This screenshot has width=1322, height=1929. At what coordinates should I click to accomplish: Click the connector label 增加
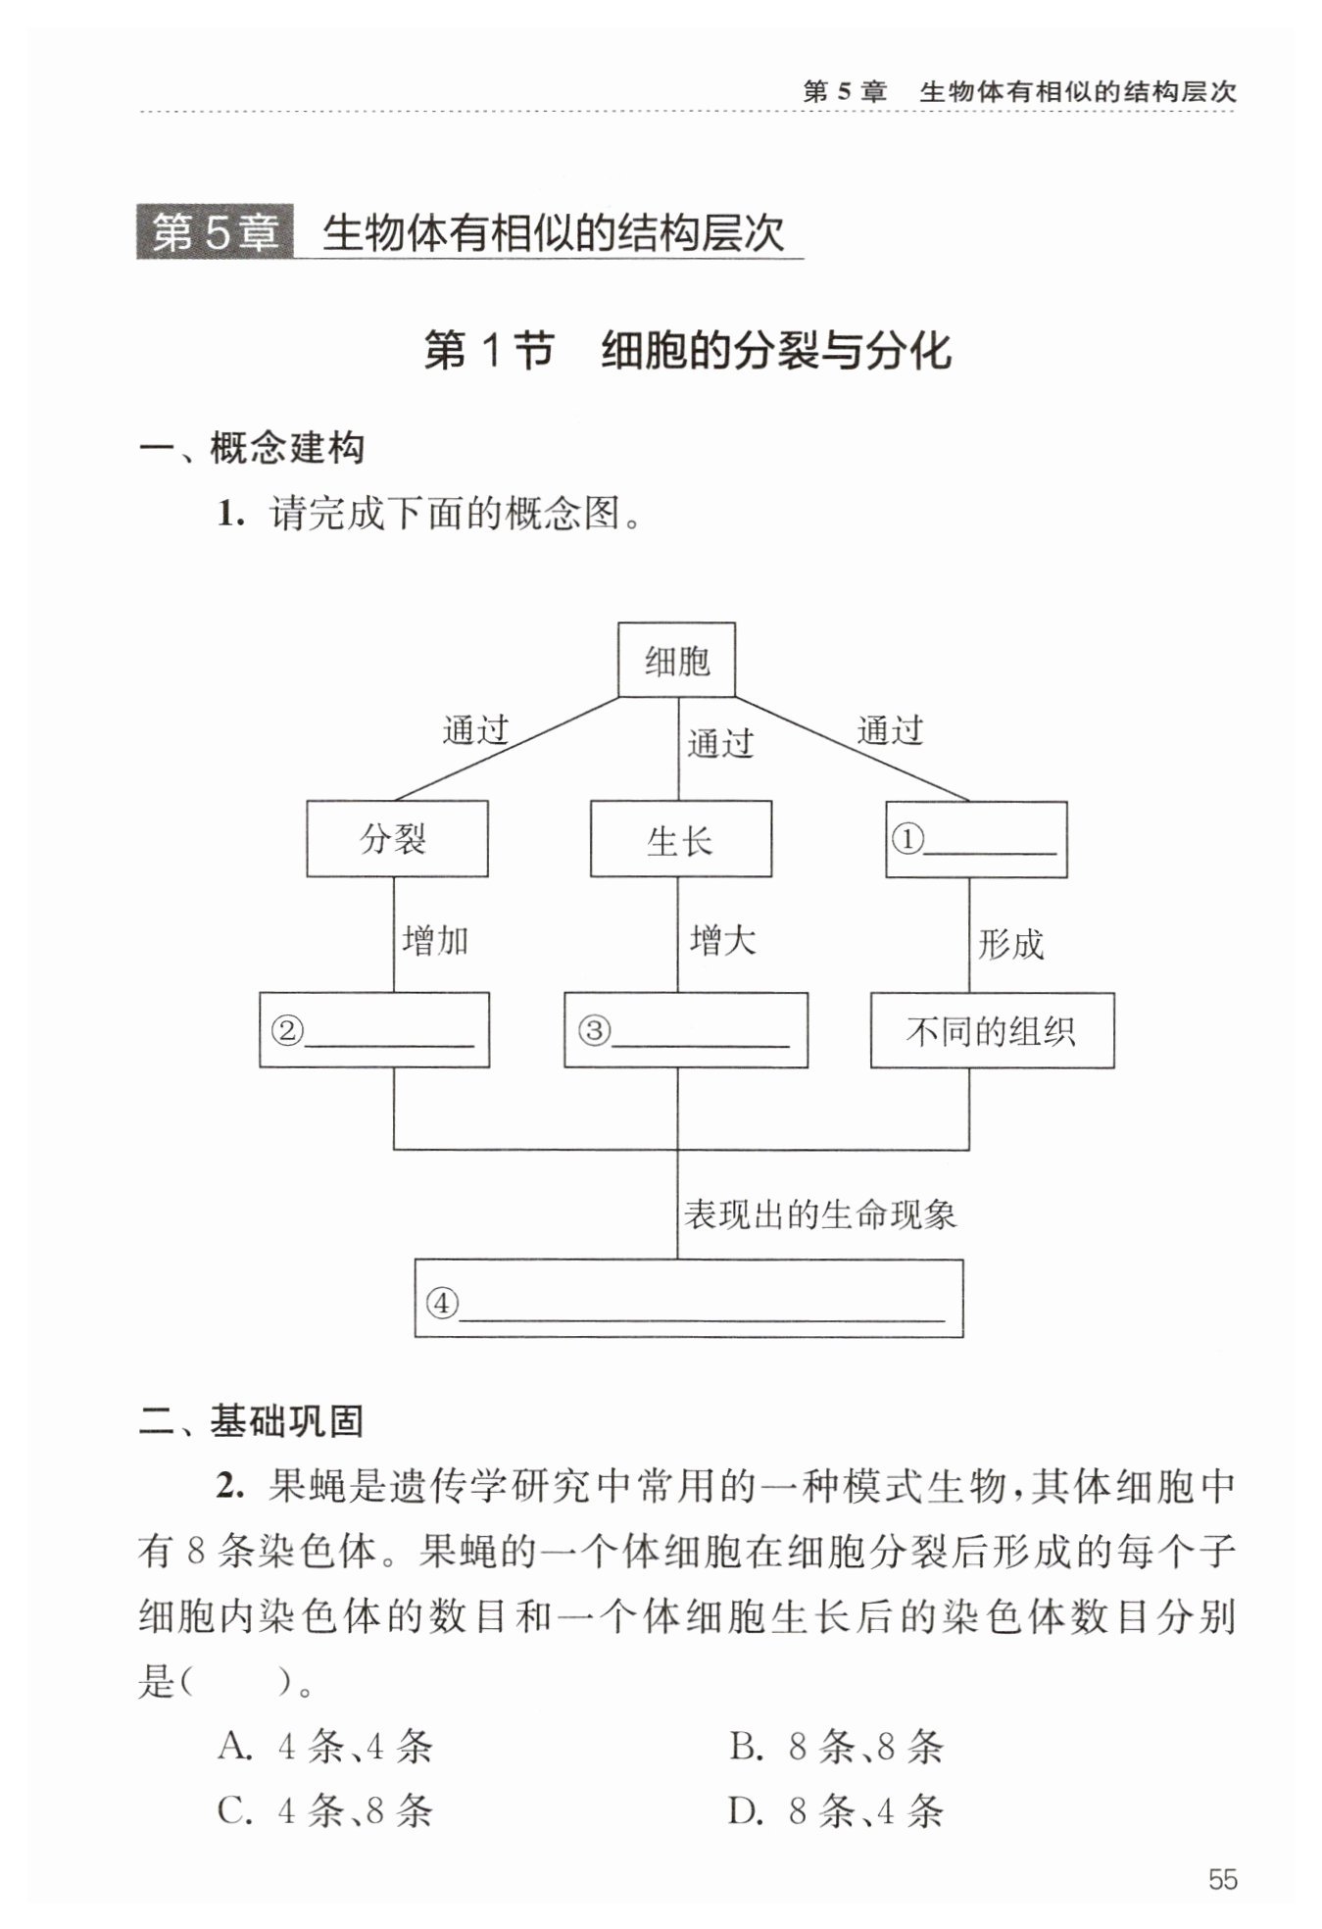coord(435,940)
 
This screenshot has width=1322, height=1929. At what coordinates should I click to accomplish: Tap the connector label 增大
coord(723,941)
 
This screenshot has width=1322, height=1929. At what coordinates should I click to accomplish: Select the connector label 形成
coord(1011,944)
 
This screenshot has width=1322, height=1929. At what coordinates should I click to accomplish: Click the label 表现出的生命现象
coord(819,1214)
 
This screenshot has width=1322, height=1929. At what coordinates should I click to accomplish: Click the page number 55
coord(1222,1879)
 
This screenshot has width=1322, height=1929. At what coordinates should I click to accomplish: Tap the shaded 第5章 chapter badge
coord(215,233)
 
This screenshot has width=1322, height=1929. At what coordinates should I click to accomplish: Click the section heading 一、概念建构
coord(252,449)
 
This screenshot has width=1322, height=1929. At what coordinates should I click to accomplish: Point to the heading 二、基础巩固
coord(252,1420)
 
